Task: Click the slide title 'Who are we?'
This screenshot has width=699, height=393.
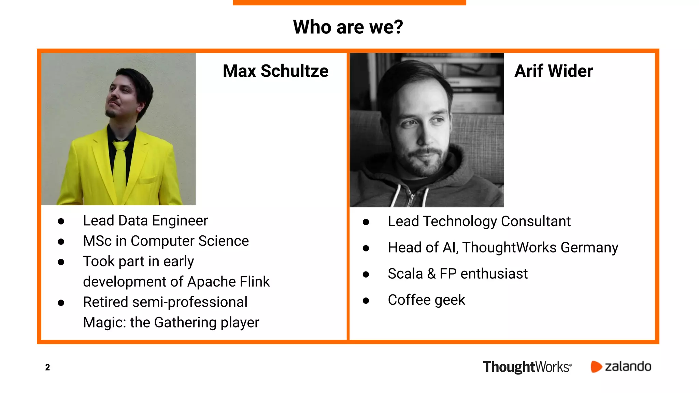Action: click(x=348, y=27)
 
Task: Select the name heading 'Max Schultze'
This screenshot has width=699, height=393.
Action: click(x=275, y=71)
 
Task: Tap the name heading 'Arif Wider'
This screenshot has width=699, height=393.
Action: click(x=553, y=71)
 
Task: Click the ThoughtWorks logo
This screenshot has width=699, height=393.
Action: click(x=527, y=367)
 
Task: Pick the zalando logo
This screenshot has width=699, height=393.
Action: click(x=621, y=367)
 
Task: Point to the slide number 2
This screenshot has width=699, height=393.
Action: click(x=47, y=367)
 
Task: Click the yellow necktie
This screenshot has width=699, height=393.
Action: click(x=120, y=167)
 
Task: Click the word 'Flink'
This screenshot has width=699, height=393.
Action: click(x=255, y=282)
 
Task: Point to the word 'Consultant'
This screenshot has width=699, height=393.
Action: click(x=536, y=221)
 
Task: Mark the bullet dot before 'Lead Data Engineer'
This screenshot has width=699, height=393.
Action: click(x=61, y=222)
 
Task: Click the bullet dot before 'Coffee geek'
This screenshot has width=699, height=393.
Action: click(x=366, y=301)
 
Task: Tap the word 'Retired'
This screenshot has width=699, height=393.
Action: click(x=105, y=302)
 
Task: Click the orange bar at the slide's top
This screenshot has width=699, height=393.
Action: click(x=349, y=2)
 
